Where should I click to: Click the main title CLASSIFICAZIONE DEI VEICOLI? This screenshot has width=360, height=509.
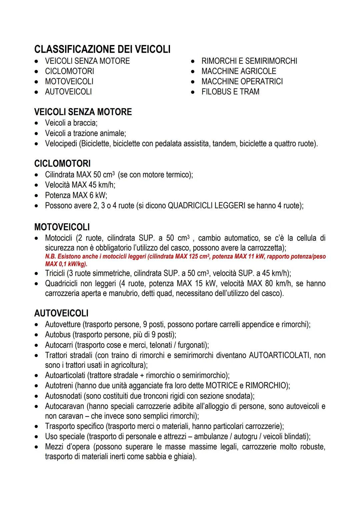click(x=102, y=49)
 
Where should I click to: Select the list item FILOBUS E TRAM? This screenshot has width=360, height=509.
click(x=230, y=92)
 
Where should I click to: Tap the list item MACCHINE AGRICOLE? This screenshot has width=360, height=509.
click(x=239, y=71)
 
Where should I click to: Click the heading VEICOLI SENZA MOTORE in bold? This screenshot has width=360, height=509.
click(x=83, y=112)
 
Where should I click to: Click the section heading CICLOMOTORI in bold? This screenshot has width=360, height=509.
click(x=62, y=163)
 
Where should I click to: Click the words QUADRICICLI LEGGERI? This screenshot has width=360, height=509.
click(x=206, y=206)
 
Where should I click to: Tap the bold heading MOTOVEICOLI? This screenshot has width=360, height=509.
click(x=62, y=227)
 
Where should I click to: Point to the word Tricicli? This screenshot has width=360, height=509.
click(x=55, y=274)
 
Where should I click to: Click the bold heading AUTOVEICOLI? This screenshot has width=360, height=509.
click(x=61, y=313)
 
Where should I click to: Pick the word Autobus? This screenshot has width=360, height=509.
click(x=58, y=335)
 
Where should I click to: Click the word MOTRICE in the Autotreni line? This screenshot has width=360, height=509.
click(x=221, y=386)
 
